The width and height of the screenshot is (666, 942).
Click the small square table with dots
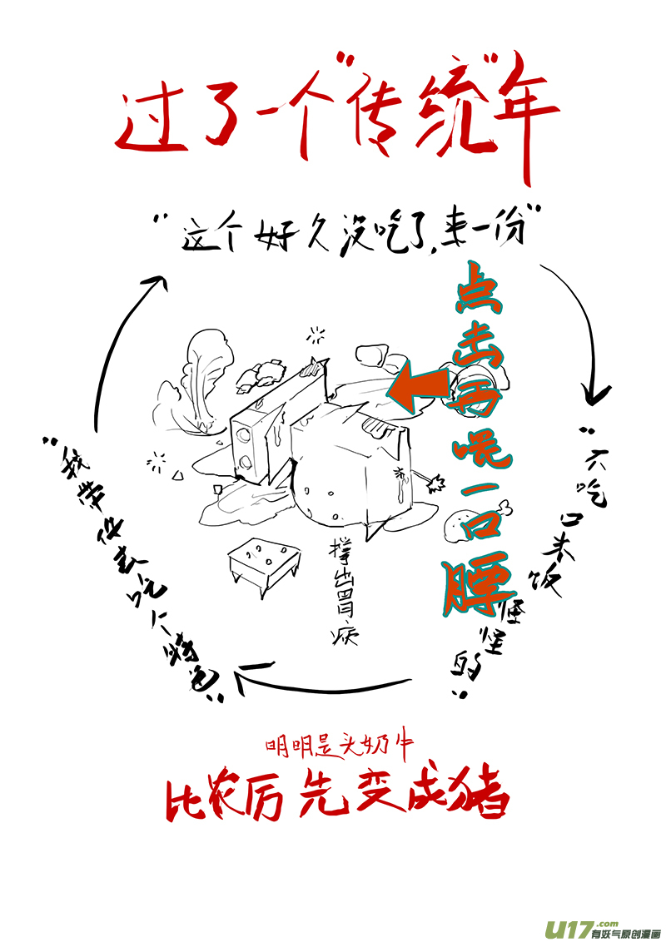click(262, 559)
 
